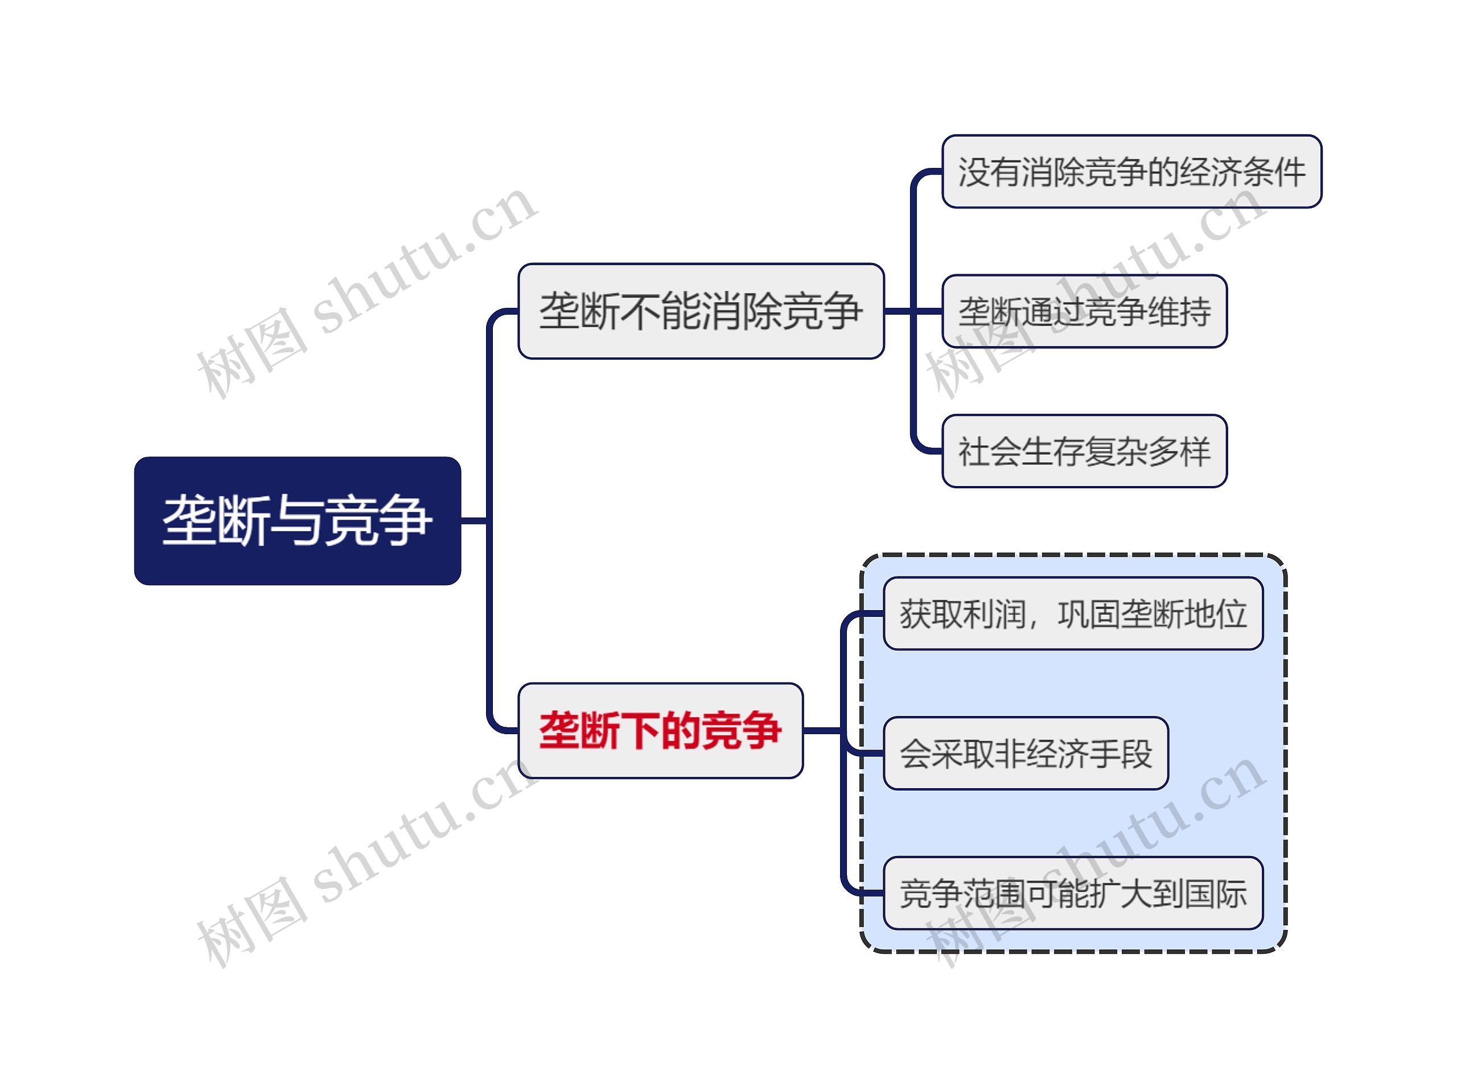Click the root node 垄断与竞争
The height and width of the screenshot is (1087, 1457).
click(297, 521)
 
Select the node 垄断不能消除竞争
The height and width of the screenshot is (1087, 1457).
click(700, 311)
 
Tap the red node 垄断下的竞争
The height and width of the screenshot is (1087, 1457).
click(660, 730)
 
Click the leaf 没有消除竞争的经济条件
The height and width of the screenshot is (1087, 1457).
click(1131, 172)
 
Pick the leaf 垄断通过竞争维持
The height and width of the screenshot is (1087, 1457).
click(1084, 311)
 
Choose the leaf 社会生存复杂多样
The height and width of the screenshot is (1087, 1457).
click(1084, 451)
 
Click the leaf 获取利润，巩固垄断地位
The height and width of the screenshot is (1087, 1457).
click(1073, 614)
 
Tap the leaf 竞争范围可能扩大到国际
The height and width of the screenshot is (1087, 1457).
click(1073, 894)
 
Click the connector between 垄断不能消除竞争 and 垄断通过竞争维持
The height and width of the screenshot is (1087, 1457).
click(913, 311)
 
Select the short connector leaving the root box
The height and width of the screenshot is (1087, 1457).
click(474, 521)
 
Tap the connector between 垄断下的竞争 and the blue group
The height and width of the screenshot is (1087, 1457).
click(822, 730)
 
